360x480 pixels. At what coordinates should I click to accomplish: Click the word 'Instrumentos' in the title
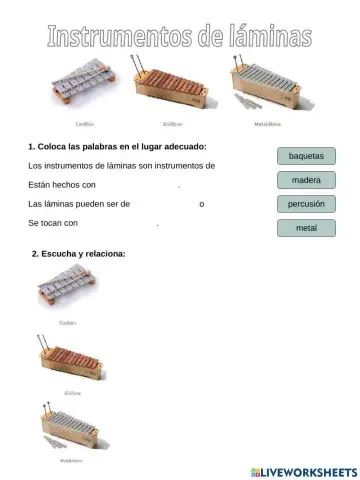point(110,39)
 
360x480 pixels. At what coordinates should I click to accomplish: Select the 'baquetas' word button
point(305,156)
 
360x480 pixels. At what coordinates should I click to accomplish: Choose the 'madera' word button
point(305,180)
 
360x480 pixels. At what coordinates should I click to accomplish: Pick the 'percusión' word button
point(305,204)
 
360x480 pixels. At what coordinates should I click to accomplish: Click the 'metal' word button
point(305,228)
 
